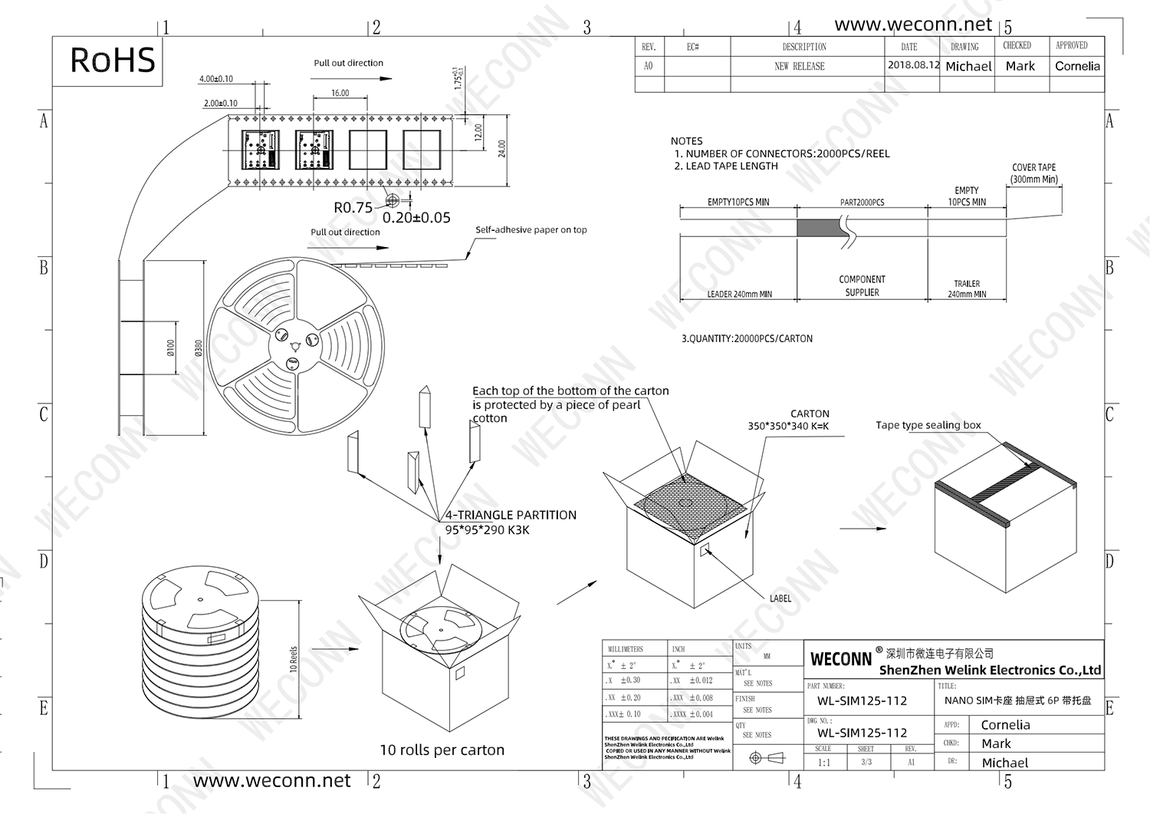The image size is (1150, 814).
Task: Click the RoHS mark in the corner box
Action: (112, 61)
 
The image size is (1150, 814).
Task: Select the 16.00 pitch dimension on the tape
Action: (340, 93)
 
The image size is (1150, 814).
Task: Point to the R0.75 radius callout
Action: (353, 208)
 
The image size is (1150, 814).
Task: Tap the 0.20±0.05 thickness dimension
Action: (416, 218)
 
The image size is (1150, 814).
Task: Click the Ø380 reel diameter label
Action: (199, 348)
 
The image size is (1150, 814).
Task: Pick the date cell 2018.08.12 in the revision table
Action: (912, 65)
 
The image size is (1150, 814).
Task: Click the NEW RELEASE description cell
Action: (799, 67)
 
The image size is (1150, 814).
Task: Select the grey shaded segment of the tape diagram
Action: (820, 228)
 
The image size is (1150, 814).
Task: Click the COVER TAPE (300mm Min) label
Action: (1033, 173)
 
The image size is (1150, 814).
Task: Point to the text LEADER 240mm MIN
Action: (738, 295)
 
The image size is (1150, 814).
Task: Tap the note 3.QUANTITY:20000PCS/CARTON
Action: (747, 338)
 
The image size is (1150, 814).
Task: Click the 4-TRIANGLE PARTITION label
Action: (511, 516)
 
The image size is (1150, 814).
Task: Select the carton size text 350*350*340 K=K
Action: (788, 427)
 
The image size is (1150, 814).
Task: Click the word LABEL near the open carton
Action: (780, 598)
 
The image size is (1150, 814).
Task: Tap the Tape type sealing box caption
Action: (928, 425)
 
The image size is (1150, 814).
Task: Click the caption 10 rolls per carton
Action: (442, 750)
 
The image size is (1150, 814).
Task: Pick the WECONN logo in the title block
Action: (841, 659)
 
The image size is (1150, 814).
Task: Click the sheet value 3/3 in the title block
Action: (866, 763)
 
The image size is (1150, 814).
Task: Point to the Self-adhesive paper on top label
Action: (531, 229)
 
